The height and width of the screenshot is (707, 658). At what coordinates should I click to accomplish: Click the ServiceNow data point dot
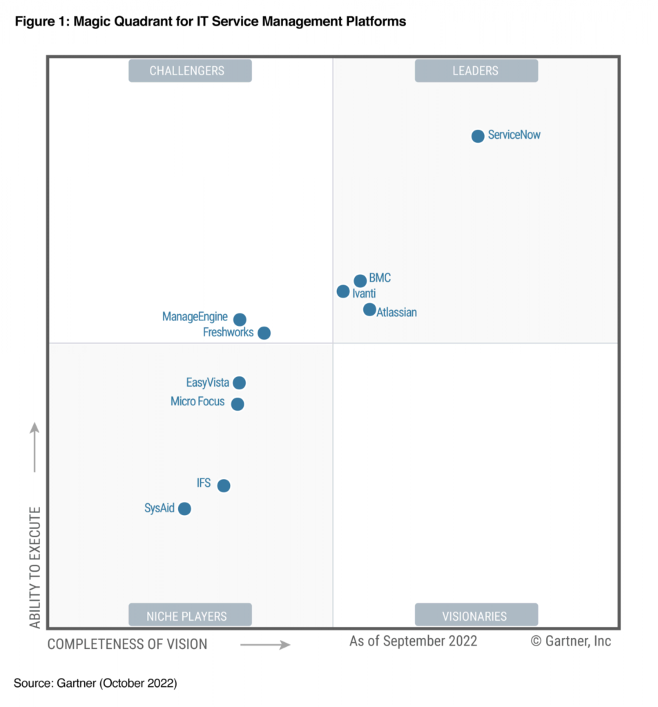(x=478, y=136)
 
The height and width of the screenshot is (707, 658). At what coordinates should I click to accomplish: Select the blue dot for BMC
(x=360, y=280)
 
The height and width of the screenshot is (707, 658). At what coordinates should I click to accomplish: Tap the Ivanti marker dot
(x=343, y=291)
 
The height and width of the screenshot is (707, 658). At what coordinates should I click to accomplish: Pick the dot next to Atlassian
(x=369, y=309)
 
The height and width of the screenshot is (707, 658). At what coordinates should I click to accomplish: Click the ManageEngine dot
(x=240, y=320)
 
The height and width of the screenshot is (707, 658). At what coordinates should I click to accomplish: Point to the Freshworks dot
(x=264, y=333)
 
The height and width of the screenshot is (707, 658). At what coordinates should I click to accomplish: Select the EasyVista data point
(x=239, y=382)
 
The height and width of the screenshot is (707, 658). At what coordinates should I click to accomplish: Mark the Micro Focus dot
(x=238, y=404)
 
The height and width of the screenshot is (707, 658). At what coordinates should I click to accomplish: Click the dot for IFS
(x=223, y=485)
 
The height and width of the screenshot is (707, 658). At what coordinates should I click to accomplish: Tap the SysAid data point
(x=184, y=509)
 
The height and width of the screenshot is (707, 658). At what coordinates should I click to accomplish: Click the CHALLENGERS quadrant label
(x=190, y=70)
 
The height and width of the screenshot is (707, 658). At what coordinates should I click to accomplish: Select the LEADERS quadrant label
(x=476, y=70)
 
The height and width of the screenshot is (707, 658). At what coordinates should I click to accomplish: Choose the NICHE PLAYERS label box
(x=190, y=615)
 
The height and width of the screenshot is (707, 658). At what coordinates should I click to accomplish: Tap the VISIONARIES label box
(x=476, y=615)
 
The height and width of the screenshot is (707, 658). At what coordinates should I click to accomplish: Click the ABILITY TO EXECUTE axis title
(x=35, y=568)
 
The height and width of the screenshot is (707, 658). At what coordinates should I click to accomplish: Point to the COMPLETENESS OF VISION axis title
(x=127, y=644)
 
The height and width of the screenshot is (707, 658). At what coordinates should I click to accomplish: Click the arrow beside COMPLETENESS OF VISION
(x=265, y=645)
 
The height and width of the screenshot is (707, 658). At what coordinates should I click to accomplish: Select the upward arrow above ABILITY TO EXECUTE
(x=35, y=447)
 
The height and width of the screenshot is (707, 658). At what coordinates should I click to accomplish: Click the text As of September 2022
(x=413, y=641)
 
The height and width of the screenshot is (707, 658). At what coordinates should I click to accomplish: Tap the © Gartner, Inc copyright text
(x=570, y=641)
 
